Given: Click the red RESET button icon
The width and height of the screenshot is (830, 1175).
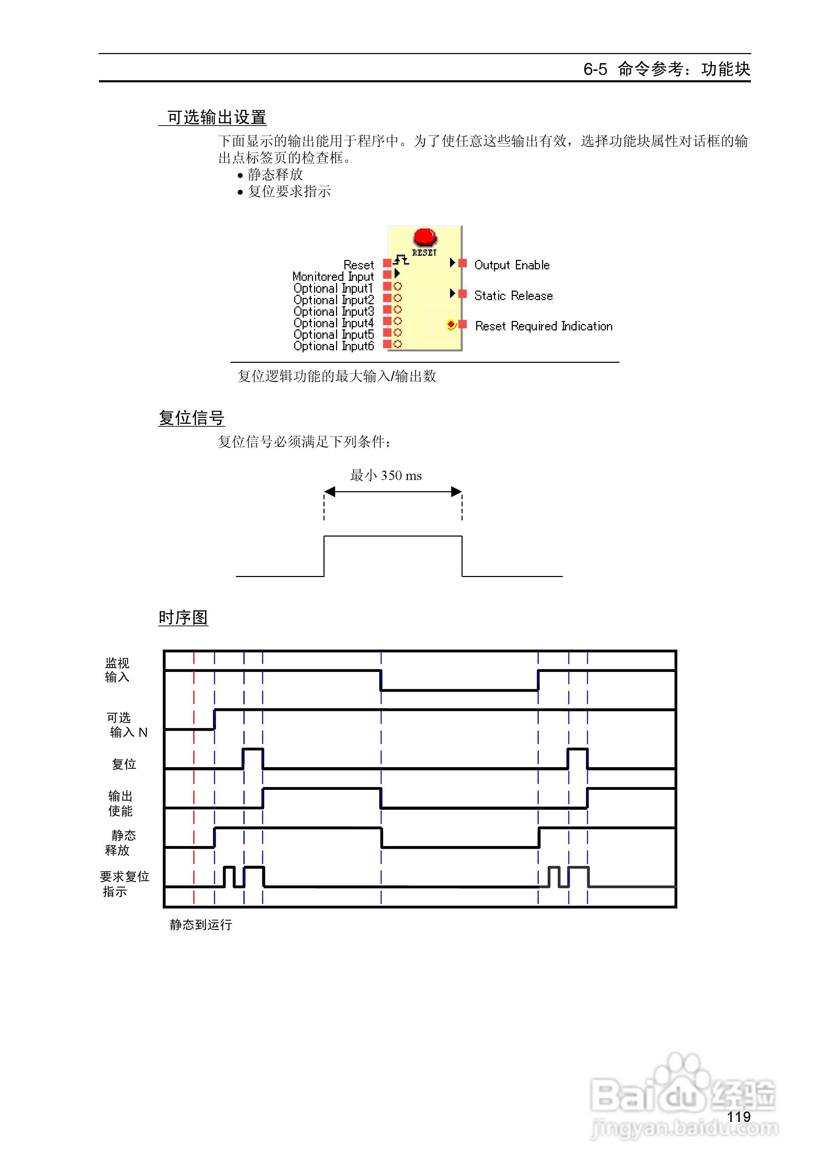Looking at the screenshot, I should (x=425, y=238).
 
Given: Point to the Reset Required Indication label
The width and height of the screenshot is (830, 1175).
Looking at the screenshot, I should (x=543, y=326).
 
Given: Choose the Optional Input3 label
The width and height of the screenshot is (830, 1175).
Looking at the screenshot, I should (x=334, y=312).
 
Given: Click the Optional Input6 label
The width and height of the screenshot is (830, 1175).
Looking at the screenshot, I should (x=334, y=346).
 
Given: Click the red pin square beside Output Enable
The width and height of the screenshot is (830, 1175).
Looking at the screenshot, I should (x=463, y=263).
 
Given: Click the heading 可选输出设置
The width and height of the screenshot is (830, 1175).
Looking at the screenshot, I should (x=216, y=118).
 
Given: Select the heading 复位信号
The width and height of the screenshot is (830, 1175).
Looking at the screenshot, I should (x=191, y=418).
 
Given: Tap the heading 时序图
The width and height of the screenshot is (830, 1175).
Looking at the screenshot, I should (x=183, y=618).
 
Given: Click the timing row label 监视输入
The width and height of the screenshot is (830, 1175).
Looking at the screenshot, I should (x=117, y=670).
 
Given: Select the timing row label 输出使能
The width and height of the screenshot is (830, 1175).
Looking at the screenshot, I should (x=120, y=803).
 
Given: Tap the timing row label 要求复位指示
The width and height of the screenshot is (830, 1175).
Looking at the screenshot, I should (x=124, y=884).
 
